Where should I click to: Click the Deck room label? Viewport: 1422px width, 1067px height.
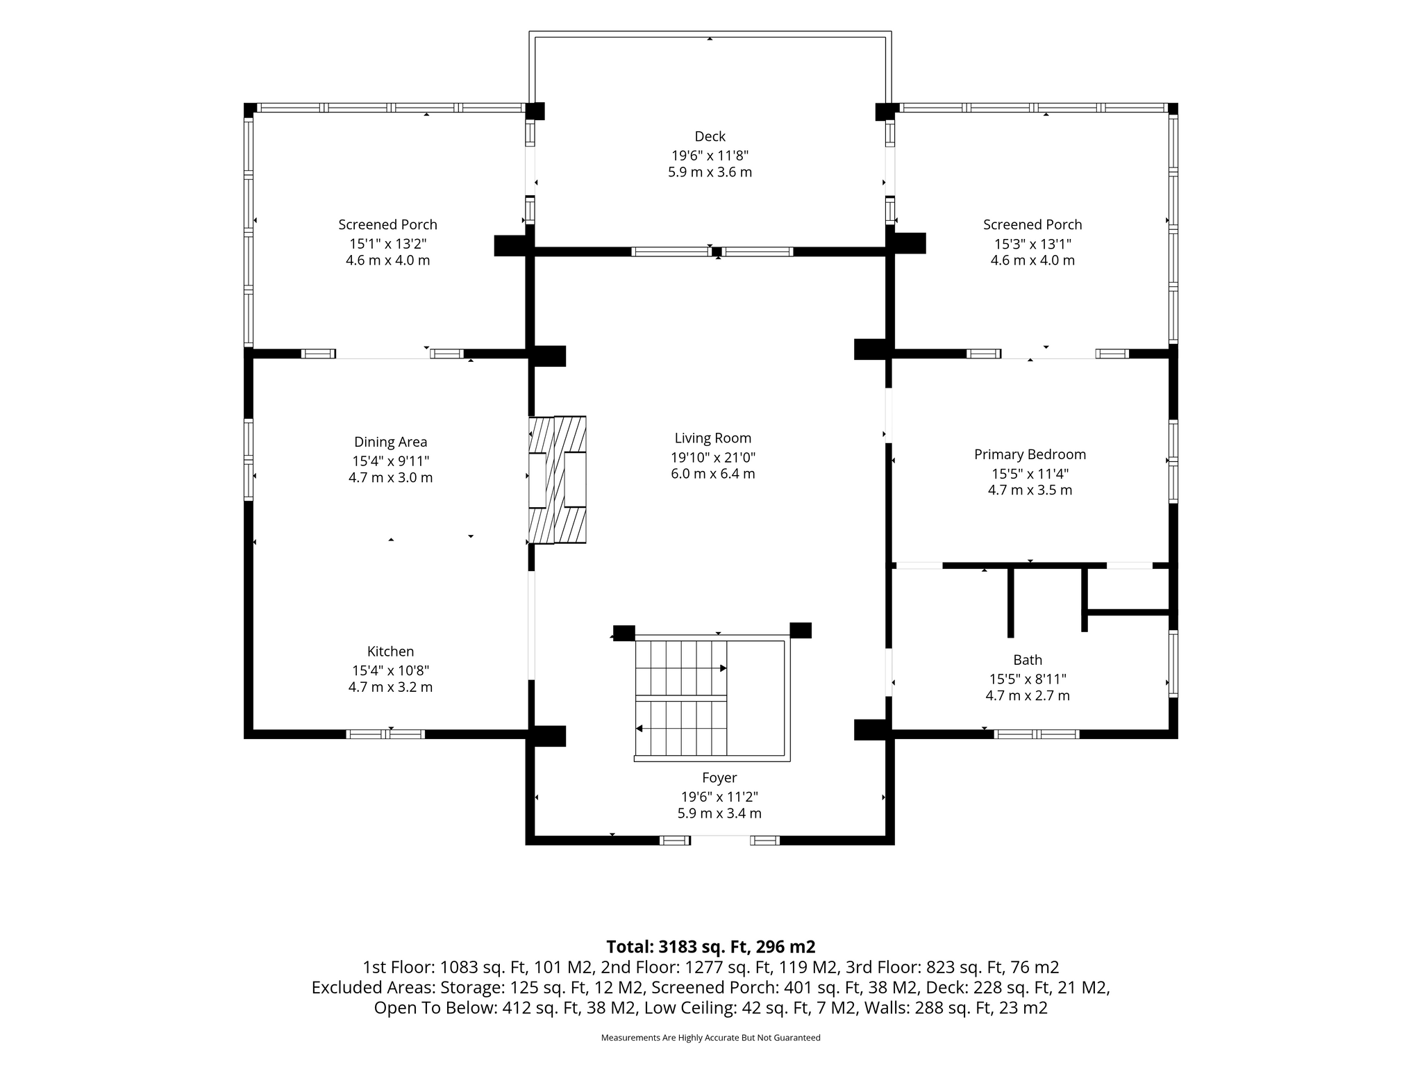pyautogui.click(x=710, y=136)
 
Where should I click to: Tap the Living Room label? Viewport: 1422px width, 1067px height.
pyautogui.click(x=712, y=438)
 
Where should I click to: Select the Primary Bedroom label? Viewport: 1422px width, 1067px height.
pyautogui.click(x=1030, y=454)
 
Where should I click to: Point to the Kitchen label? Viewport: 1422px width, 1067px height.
pyautogui.click(x=390, y=652)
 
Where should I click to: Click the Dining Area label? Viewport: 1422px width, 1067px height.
pyautogui.click(x=390, y=442)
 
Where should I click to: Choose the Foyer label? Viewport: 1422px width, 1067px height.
pyautogui.click(x=719, y=778)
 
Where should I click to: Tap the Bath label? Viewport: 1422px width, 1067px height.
pyautogui.click(x=1028, y=660)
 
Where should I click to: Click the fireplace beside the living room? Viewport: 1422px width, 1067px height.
pyautogui.click(x=557, y=479)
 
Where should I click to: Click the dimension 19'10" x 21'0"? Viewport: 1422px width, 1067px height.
pyautogui.click(x=712, y=457)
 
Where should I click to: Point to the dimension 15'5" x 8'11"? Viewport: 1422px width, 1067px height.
pyautogui.click(x=1028, y=679)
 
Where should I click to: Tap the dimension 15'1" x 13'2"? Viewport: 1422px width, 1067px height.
pyautogui.click(x=387, y=243)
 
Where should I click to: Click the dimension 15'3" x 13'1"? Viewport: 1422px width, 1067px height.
pyautogui.click(x=1032, y=243)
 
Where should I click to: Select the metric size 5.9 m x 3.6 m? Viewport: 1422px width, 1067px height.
pyautogui.click(x=710, y=172)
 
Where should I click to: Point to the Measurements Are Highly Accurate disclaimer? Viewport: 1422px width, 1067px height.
pyautogui.click(x=710, y=1038)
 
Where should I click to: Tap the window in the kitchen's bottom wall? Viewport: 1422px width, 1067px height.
pyautogui.click(x=385, y=734)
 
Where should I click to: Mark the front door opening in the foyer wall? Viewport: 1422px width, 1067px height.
pyautogui.click(x=720, y=840)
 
